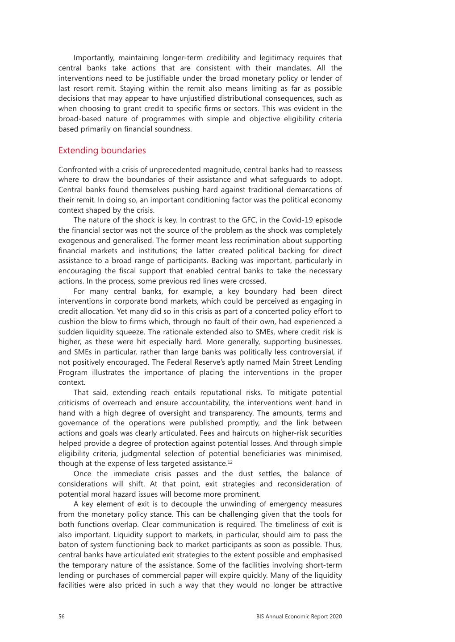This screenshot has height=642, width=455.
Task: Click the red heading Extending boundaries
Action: [x=102, y=150]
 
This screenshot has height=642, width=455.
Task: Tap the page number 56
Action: [x=62, y=617]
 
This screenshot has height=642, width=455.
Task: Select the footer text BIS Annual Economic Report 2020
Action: [x=299, y=617]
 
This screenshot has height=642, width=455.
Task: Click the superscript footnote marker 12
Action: [x=230, y=462]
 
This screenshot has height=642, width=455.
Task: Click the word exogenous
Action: [x=77, y=240]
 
